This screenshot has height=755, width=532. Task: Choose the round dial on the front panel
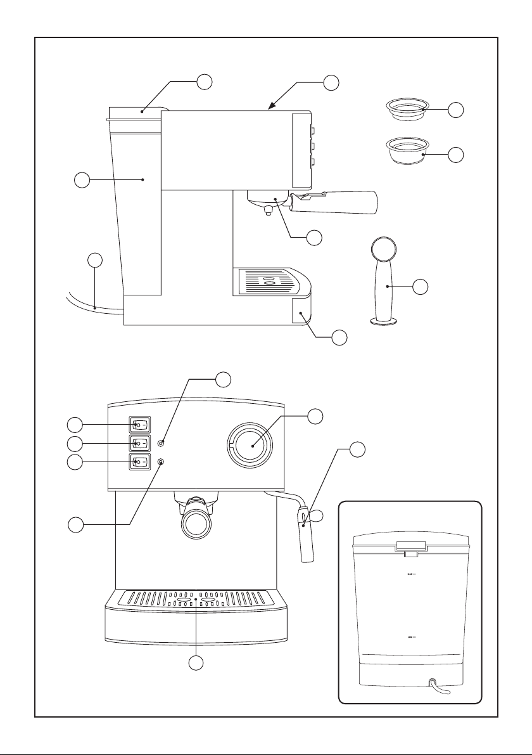point(251,444)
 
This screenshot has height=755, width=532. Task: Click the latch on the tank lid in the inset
point(410,546)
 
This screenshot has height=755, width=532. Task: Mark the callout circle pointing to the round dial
point(315,416)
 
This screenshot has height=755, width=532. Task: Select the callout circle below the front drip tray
point(198,664)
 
